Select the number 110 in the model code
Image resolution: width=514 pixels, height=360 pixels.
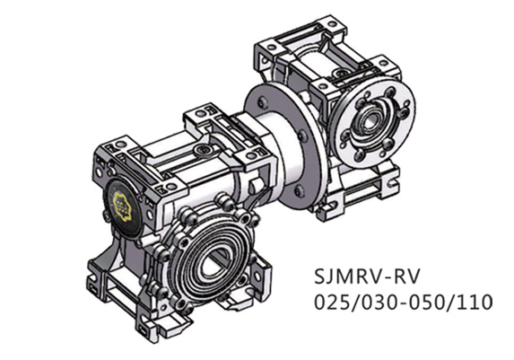tap(475, 302)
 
